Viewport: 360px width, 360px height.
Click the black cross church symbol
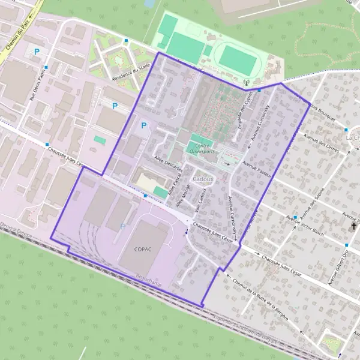(353, 226)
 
